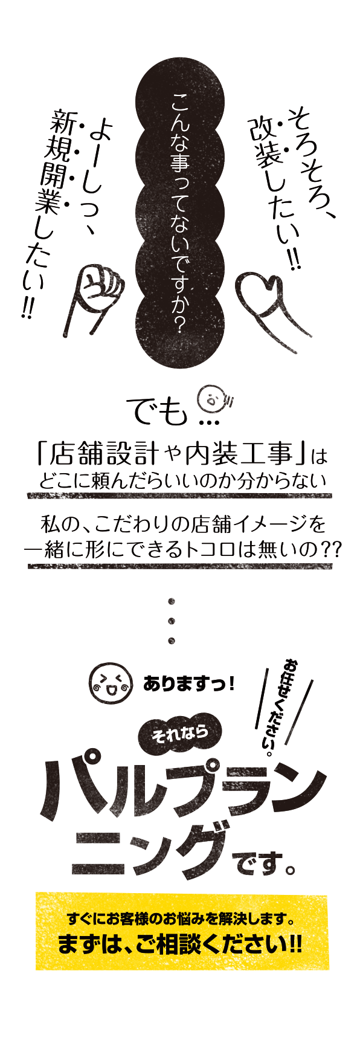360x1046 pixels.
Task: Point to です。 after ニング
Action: (264, 865)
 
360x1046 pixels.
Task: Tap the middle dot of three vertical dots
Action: (172, 621)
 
